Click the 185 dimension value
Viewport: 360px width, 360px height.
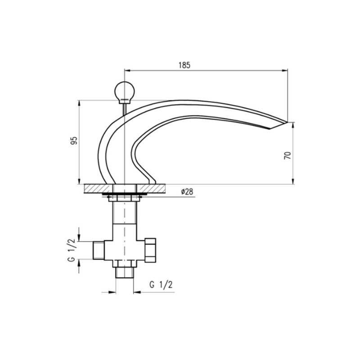click(x=184, y=65)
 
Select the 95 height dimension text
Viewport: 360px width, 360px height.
click(x=74, y=140)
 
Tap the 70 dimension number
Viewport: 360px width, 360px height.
click(x=288, y=155)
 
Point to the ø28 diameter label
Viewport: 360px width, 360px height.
click(x=187, y=192)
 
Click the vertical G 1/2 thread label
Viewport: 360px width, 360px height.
click(x=72, y=250)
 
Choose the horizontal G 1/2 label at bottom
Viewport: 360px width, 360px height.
click(x=161, y=285)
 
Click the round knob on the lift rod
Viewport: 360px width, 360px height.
click(x=125, y=90)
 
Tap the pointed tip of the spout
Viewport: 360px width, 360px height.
click(x=287, y=122)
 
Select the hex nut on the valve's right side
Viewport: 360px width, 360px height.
click(x=150, y=250)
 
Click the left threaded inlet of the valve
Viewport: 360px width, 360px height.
click(x=99, y=250)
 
